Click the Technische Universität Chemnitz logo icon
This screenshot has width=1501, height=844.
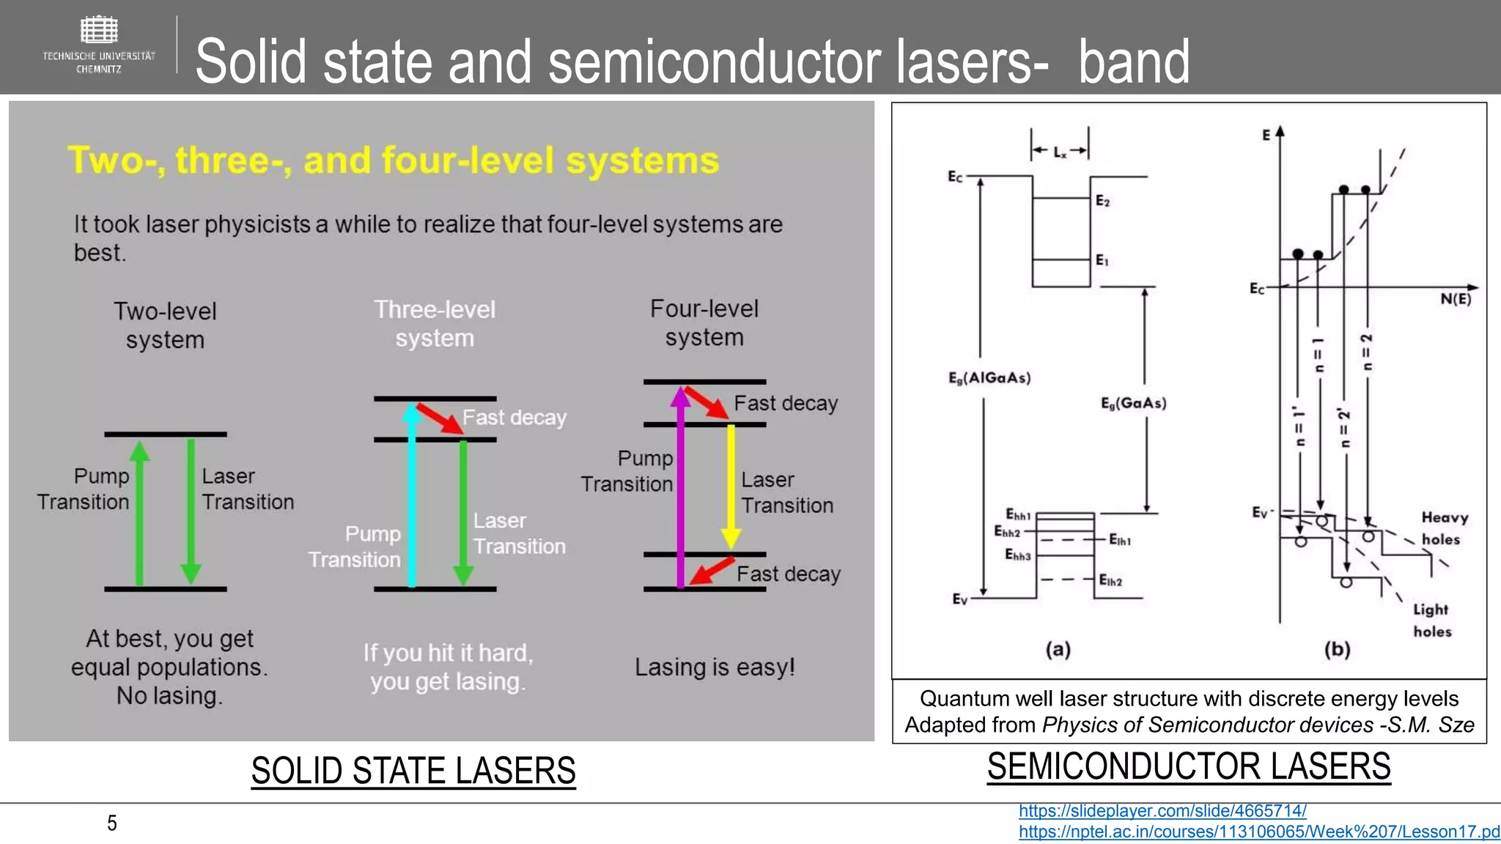click(98, 31)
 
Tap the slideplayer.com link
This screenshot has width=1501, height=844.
click(1162, 811)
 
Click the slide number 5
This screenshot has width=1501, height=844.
click(112, 823)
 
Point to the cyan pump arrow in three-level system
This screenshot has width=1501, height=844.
click(412, 498)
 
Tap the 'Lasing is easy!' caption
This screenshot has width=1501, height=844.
click(715, 667)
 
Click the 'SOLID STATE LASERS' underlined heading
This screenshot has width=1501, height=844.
click(413, 771)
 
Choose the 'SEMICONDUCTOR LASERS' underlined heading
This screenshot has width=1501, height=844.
click(1189, 766)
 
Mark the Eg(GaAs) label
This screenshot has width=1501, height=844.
click(1133, 403)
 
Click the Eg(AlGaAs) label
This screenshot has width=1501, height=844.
click(989, 378)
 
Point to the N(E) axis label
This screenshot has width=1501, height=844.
click(1455, 299)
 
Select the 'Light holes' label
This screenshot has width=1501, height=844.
click(1431, 621)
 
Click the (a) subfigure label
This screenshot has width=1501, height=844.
click(1058, 649)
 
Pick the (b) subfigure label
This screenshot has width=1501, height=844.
click(1337, 649)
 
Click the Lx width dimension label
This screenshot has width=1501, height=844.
click(1060, 152)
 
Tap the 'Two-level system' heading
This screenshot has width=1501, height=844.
click(165, 325)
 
